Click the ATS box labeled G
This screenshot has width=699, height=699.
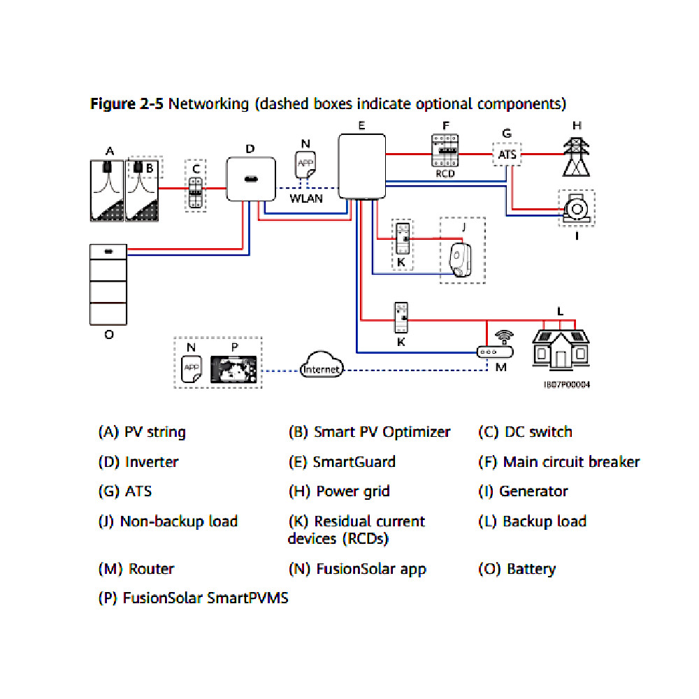click(x=507, y=154)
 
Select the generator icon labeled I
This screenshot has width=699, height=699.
click(x=577, y=208)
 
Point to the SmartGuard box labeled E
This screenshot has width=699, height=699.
click(x=361, y=166)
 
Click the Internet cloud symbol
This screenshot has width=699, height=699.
click(x=321, y=368)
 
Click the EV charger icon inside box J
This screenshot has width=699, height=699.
click(x=459, y=260)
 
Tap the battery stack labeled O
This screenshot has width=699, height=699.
click(x=108, y=284)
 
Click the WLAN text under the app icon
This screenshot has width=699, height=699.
click(x=306, y=198)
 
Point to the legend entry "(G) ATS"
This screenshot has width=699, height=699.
click(x=124, y=491)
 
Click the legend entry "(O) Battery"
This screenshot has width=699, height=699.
click(x=517, y=569)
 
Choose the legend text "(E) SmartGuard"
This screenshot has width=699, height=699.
click(x=342, y=462)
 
